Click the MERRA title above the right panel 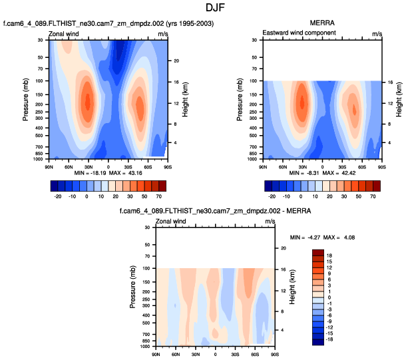tap(321, 24)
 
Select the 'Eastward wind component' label tap(299, 33)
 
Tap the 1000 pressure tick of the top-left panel tap(40, 160)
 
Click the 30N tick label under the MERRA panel tap(302, 166)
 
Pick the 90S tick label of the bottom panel tap(274, 354)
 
